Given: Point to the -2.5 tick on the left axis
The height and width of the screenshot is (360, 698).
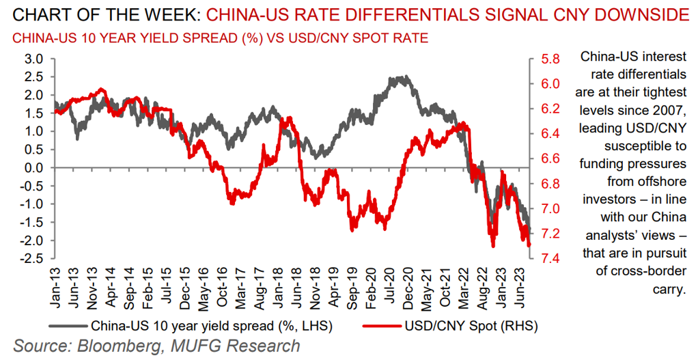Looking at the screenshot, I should coord(31,258).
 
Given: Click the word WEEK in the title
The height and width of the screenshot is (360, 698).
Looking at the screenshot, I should coord(167,13).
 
